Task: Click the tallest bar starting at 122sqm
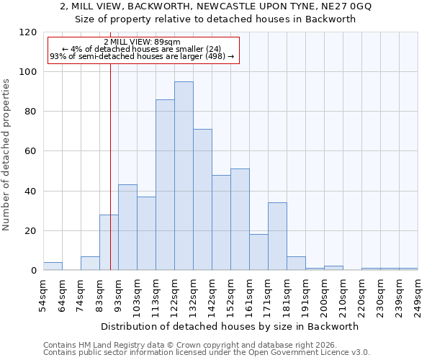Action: pyautogui.click(x=184, y=176)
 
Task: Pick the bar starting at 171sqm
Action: pyautogui.click(x=277, y=237)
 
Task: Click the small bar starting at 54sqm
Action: pyautogui.click(x=53, y=266)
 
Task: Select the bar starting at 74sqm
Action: pyautogui.click(x=90, y=264)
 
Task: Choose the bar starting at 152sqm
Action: pyautogui.click(x=240, y=220)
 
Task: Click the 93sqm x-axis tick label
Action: pyautogui.click(x=118, y=295)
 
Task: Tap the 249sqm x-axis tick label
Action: pyautogui.click(x=418, y=295)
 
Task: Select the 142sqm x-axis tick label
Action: pyautogui.click(x=212, y=295)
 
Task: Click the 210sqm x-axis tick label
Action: pyautogui.click(x=343, y=295)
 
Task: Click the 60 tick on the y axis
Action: pyautogui.click(x=31, y=152)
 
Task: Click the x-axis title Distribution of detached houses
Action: pyautogui.click(x=230, y=326)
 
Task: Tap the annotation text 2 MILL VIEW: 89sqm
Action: pyautogui.click(x=142, y=42)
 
